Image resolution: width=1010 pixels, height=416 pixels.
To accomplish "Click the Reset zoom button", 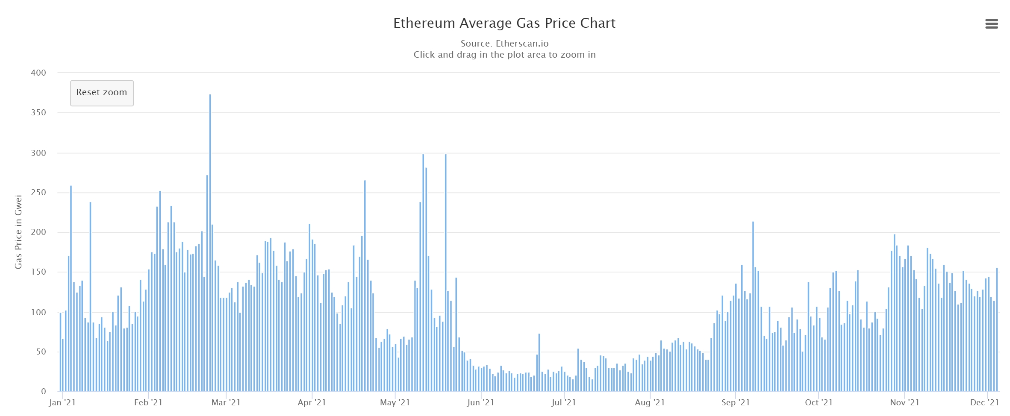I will (x=102, y=93).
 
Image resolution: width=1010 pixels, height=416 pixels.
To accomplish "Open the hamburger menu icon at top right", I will (x=991, y=24).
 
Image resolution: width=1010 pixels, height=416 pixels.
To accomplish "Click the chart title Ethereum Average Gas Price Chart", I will (x=504, y=23).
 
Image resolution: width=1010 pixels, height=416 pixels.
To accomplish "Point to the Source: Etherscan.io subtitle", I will (x=504, y=44).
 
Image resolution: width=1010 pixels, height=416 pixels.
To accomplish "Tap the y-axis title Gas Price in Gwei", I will (x=18, y=232).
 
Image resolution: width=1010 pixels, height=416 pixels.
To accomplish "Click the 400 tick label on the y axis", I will (x=38, y=73).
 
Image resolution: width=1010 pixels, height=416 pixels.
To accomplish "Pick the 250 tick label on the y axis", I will (x=38, y=193).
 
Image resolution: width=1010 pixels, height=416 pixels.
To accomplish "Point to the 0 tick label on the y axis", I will (x=44, y=391).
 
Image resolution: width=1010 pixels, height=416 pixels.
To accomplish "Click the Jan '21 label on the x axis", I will (x=62, y=402).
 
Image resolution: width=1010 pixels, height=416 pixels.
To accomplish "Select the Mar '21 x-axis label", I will (x=226, y=402).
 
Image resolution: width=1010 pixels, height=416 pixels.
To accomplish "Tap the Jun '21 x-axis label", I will (x=480, y=402).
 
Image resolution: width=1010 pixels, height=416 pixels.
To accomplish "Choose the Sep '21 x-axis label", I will (x=736, y=402).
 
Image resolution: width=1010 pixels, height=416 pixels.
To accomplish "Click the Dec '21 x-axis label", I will (x=984, y=402).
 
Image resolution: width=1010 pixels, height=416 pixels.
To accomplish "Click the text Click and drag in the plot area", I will (x=504, y=55).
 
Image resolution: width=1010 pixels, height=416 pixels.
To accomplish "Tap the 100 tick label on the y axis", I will (x=38, y=312).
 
